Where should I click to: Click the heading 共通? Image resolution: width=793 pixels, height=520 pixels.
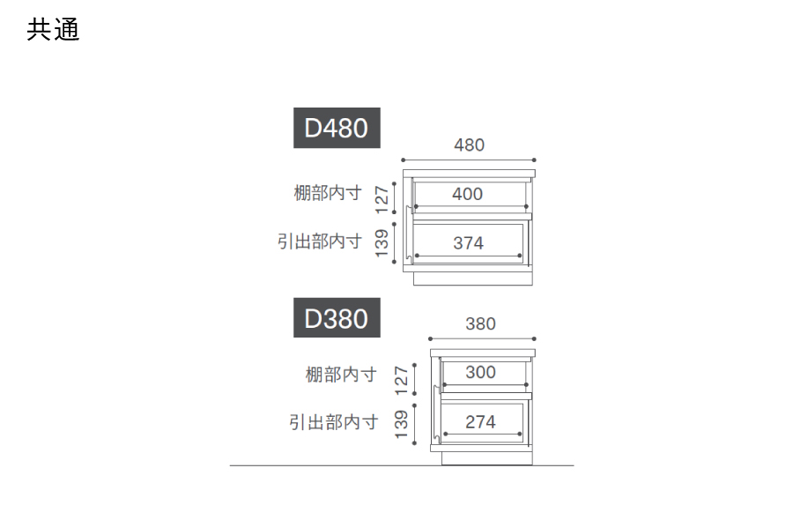tap(53, 30)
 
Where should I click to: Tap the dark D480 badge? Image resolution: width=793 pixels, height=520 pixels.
tap(336, 129)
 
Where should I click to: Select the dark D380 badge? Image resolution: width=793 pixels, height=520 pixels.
tap(336, 318)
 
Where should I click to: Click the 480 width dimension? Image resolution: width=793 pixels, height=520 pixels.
tap(469, 145)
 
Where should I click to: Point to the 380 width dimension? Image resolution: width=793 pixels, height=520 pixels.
tap(480, 323)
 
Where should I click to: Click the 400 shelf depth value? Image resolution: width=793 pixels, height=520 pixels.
tap(467, 194)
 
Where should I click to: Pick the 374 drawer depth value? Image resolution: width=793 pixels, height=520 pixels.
tap(468, 243)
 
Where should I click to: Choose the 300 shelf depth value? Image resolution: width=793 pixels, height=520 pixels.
tap(480, 372)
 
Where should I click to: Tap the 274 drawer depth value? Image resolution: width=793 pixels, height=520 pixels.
tap(480, 422)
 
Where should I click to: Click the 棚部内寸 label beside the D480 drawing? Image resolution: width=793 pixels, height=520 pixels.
tap(327, 193)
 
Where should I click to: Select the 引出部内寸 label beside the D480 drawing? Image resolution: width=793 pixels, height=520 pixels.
tap(319, 241)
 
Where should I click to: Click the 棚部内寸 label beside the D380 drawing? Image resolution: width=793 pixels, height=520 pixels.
tap(340, 375)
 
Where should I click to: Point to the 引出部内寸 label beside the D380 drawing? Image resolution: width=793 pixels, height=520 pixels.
tap(333, 422)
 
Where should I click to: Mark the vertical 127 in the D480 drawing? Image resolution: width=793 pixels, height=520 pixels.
tap(382, 199)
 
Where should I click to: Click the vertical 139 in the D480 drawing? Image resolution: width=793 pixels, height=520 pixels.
tap(382, 242)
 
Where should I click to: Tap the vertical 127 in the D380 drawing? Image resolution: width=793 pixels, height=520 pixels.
tap(402, 380)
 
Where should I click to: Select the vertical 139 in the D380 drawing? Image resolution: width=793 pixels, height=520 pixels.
tap(402, 424)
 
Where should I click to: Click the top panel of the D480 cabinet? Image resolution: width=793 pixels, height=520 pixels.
tap(469, 172)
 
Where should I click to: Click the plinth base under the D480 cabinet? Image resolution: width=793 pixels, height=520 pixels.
tap(474, 278)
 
